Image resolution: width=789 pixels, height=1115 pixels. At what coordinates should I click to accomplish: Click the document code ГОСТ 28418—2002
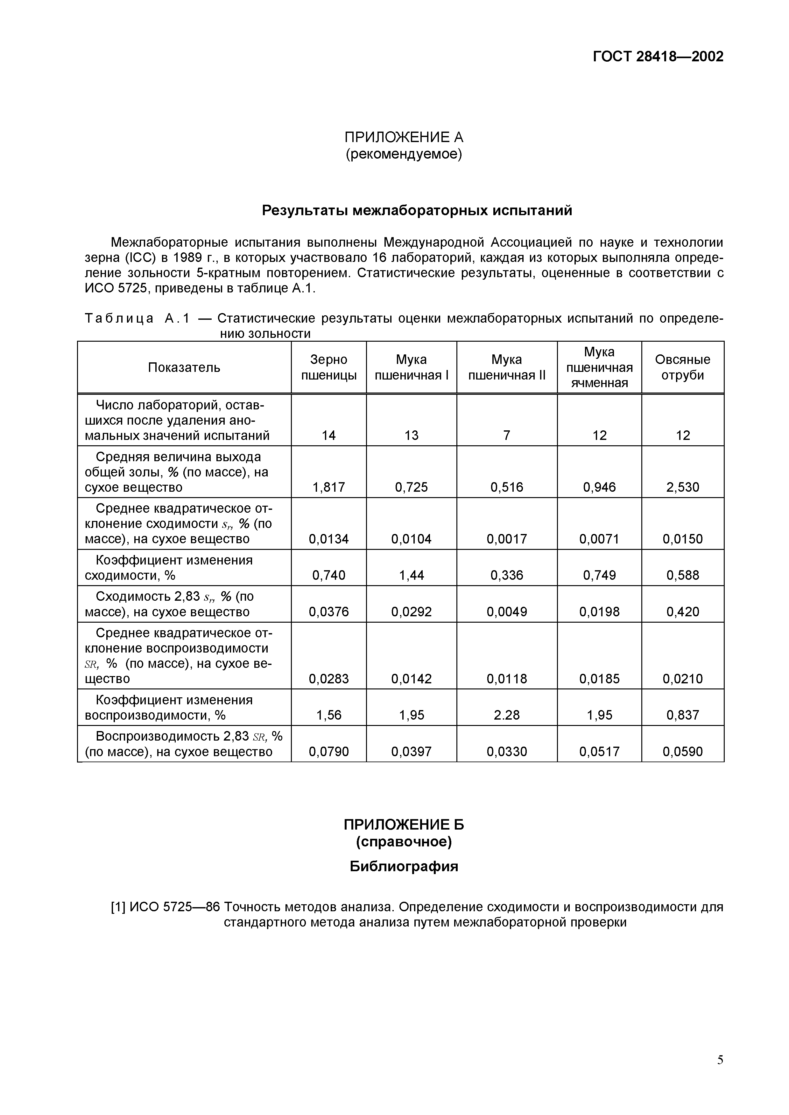coord(658,57)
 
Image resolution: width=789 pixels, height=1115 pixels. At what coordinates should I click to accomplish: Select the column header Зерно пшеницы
coord(329,367)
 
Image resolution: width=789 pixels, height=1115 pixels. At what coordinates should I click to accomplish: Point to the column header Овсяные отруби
coord(682,367)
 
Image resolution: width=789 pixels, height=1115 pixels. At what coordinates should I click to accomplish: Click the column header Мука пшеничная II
coord(507,367)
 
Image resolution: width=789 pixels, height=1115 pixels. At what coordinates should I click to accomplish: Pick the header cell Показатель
coord(184,367)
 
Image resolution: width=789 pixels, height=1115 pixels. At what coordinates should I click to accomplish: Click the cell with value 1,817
coord(329,487)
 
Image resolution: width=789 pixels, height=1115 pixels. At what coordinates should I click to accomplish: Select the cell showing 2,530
coord(682,487)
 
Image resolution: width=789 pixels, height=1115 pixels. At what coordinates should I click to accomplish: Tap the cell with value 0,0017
coord(507,538)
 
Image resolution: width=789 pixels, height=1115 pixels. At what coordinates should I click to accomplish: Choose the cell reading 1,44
coord(411,575)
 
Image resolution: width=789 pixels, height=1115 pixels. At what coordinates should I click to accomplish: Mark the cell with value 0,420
coord(682,612)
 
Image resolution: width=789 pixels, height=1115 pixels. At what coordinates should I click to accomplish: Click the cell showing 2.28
coord(507,715)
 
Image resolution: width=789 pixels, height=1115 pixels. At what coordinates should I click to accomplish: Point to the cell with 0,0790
coord(329,752)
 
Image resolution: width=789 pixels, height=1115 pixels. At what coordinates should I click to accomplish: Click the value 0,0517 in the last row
coord(599,752)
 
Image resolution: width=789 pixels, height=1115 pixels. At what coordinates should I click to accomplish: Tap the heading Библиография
coord(404,866)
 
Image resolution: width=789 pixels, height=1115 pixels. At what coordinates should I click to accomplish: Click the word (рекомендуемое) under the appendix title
coord(404,154)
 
